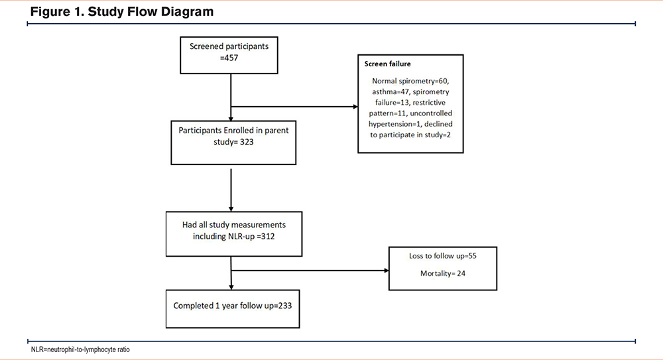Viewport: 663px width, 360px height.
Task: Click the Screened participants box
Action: click(229, 55)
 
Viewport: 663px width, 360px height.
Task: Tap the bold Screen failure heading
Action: click(387, 64)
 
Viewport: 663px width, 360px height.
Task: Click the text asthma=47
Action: click(391, 91)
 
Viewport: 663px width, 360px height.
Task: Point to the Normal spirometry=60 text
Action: click(410, 81)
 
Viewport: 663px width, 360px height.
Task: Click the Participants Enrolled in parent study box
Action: click(233, 143)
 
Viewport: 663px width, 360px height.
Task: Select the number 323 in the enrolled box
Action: click(247, 142)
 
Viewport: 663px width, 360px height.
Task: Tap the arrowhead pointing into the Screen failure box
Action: click(355, 107)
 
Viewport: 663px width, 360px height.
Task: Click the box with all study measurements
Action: click(234, 234)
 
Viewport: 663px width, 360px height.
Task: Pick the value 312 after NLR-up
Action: click(267, 237)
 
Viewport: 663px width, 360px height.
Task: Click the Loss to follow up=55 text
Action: click(443, 256)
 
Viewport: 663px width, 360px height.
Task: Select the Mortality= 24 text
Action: click(443, 274)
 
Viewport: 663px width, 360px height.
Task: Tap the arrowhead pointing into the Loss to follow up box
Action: click(387, 270)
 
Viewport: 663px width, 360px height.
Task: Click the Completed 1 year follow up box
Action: click(233, 309)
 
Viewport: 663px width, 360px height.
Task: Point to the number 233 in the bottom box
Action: click(284, 306)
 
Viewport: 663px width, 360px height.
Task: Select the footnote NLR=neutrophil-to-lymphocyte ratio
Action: click(80, 350)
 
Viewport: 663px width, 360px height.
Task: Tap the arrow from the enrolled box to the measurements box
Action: click(231, 190)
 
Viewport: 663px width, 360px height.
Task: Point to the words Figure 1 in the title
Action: click(57, 12)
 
